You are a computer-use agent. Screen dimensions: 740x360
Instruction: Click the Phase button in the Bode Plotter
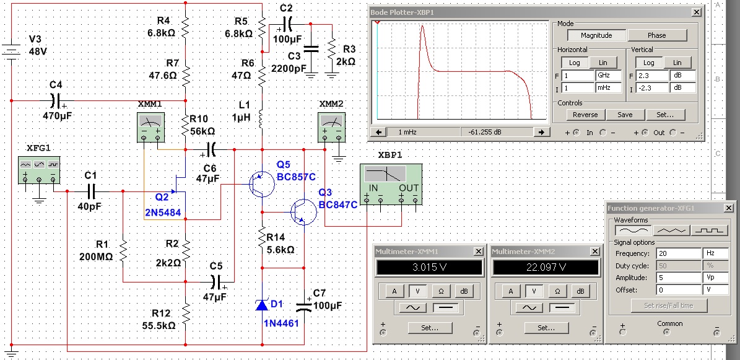[x=657, y=35]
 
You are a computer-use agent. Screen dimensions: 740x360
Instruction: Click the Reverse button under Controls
[x=585, y=115]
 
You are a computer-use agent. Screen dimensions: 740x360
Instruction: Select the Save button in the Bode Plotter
[x=624, y=115]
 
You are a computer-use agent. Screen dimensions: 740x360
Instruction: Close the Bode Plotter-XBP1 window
[x=696, y=12]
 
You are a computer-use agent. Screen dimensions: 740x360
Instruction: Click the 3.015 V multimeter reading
[x=429, y=268]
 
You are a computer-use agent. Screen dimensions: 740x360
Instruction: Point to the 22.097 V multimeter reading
[x=546, y=268]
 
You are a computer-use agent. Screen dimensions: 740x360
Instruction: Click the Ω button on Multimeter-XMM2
[x=558, y=291]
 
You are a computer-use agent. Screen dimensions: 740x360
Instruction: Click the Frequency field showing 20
[x=678, y=253]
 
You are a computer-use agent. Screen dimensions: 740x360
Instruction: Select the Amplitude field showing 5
[x=678, y=278]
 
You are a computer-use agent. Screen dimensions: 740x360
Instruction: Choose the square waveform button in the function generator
[x=709, y=230]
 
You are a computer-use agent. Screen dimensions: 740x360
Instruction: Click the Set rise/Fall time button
[x=669, y=305]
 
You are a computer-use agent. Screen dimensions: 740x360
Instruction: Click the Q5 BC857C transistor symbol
[x=261, y=184]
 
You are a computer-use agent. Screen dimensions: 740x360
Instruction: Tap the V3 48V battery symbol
[x=11, y=52]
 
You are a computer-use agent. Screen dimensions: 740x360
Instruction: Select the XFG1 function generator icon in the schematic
[x=39, y=170]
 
